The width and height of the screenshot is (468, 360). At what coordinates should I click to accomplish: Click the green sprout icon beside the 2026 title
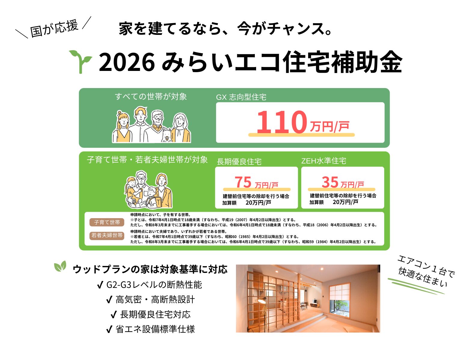pyautogui.click(x=80, y=62)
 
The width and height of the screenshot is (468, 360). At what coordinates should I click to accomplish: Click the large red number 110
pyautogui.click(x=282, y=122)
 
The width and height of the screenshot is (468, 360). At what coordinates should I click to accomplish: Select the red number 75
pyautogui.click(x=243, y=182)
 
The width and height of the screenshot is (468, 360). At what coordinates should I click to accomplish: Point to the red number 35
pyautogui.click(x=330, y=182)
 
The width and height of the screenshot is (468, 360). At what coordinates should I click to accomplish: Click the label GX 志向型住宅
pyautogui.click(x=241, y=97)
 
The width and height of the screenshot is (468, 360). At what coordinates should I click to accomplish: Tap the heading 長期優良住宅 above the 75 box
pyautogui.click(x=239, y=161)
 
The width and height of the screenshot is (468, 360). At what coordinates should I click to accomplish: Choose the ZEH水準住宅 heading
pyautogui.click(x=323, y=161)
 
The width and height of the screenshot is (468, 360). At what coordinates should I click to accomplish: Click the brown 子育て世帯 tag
pyautogui.click(x=107, y=222)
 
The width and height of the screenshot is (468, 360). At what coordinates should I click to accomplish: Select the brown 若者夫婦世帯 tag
pyautogui.click(x=107, y=235)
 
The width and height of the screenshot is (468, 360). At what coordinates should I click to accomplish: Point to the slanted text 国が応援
pyautogui.click(x=54, y=29)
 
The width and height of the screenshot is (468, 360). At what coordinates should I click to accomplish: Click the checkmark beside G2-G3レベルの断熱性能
pyautogui.click(x=100, y=285)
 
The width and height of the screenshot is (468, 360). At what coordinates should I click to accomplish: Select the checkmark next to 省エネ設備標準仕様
pyautogui.click(x=109, y=329)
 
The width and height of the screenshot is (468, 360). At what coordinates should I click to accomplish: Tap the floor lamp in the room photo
pyautogui.click(x=264, y=312)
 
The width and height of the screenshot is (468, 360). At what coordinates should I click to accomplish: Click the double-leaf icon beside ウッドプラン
pyautogui.click(x=60, y=266)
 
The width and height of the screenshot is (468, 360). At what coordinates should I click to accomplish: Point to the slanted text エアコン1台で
pyautogui.click(x=426, y=266)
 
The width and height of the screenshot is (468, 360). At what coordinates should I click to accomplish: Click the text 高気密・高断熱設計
pyautogui.click(x=155, y=300)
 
